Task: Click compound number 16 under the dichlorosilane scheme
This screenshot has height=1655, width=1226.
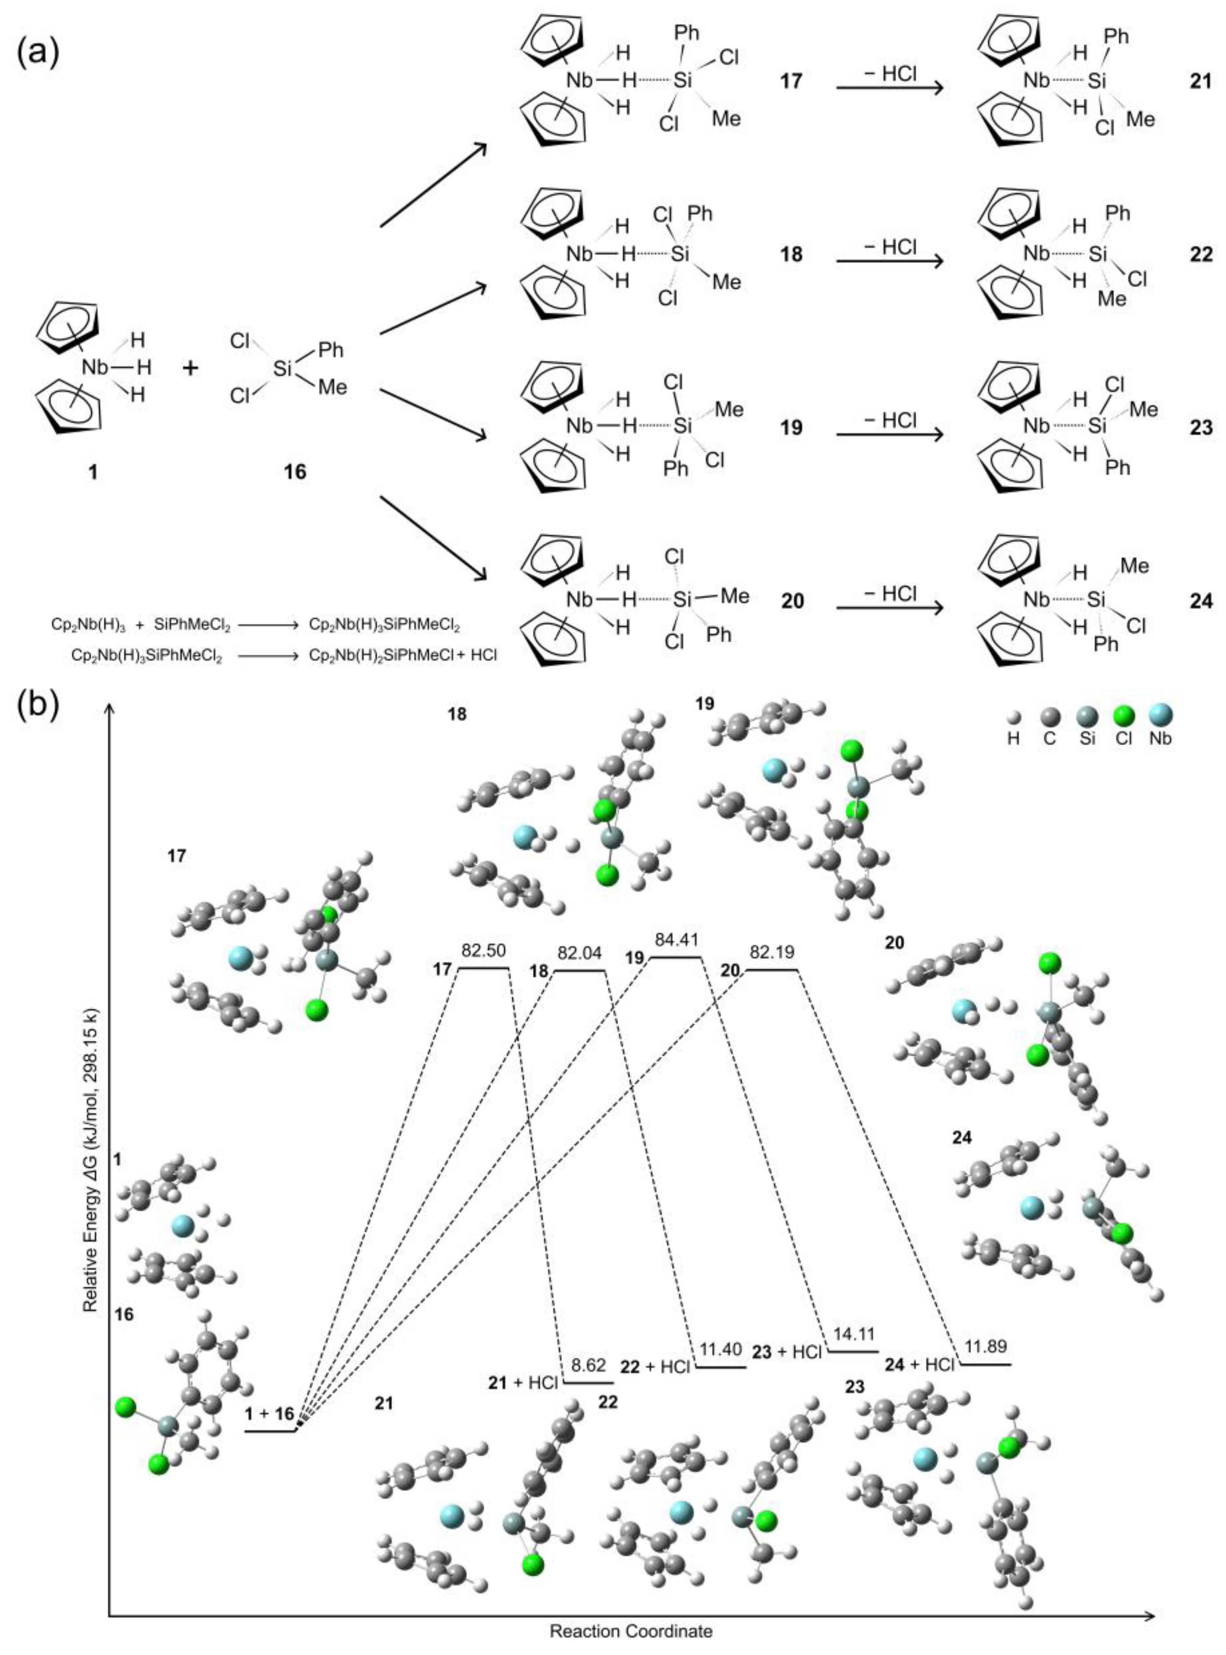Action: click(x=295, y=471)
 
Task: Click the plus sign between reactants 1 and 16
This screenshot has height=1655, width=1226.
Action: click(x=190, y=367)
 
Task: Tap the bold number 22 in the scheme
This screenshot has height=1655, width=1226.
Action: click(x=1201, y=255)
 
